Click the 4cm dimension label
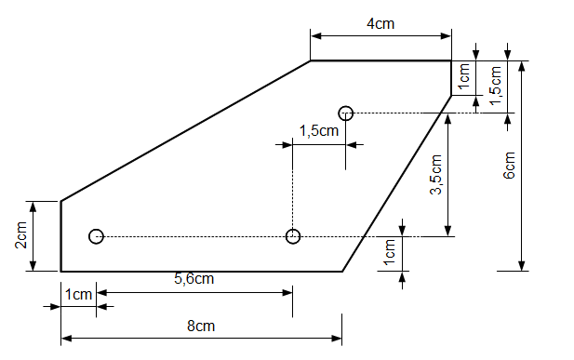(x=380, y=24)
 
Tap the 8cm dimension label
(x=201, y=326)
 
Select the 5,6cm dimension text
(x=194, y=279)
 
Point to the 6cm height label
(x=509, y=166)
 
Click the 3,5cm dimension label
(x=436, y=174)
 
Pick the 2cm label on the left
(x=21, y=235)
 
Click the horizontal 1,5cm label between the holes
(x=319, y=131)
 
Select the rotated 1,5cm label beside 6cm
(x=496, y=86)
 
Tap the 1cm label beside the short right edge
(x=464, y=76)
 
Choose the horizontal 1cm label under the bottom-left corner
(x=78, y=295)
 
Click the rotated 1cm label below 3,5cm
(x=390, y=252)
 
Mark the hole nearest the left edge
(x=96, y=236)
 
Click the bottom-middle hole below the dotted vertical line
(x=293, y=236)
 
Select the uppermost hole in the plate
(x=346, y=113)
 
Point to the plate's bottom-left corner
(x=60, y=272)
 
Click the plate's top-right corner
(x=451, y=60)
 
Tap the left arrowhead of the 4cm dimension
(x=315, y=36)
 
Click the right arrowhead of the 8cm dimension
(x=337, y=339)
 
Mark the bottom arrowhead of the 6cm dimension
(x=522, y=266)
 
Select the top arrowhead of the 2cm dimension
(x=33, y=207)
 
